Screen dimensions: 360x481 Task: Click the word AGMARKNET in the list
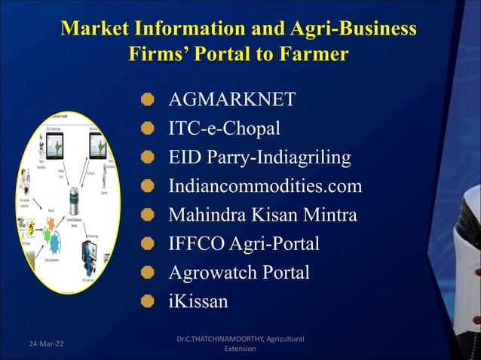[231, 100]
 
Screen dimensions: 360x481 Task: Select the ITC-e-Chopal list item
[225, 129]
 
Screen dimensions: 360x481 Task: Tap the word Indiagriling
[302, 157]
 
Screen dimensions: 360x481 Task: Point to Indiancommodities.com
[265, 186]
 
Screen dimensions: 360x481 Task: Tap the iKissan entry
[198, 301]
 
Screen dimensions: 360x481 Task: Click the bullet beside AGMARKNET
[148, 100]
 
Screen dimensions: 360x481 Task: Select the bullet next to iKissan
[148, 301]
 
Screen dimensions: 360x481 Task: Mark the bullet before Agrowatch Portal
[148, 273]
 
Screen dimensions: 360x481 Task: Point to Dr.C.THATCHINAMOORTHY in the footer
[219, 340]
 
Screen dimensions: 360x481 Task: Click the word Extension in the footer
[240, 350]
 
